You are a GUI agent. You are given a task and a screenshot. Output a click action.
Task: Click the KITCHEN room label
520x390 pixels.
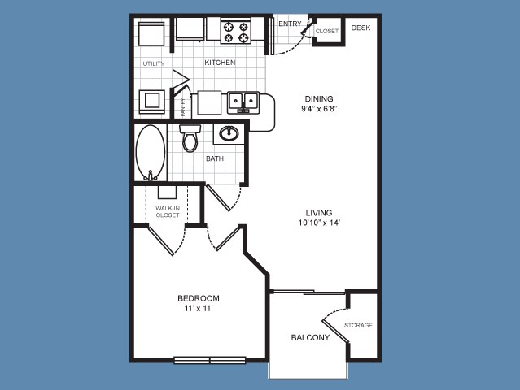[220, 63]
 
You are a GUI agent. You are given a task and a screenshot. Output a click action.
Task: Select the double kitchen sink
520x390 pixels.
[243, 102]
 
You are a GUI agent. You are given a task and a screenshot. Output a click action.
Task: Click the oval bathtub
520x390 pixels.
[151, 153]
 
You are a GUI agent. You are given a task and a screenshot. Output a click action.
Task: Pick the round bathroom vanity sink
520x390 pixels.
[229, 133]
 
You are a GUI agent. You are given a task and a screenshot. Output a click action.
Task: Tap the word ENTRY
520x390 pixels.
[290, 24]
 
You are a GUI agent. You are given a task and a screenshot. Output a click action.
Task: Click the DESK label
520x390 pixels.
[361, 28]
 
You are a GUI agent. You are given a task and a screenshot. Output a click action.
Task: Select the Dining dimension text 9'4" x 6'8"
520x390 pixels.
[319, 109]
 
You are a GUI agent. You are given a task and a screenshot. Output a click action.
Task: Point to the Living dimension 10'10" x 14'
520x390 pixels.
[319, 223]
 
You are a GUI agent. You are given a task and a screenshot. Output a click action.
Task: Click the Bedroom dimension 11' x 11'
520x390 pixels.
[199, 309]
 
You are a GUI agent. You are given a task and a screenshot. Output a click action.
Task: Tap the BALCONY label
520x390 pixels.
[310, 338]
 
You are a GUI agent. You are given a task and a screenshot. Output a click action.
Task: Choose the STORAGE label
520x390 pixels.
[358, 326]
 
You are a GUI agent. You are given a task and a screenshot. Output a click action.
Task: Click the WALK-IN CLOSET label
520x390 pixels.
[168, 211]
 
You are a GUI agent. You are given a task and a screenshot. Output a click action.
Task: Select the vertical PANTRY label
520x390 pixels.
[183, 107]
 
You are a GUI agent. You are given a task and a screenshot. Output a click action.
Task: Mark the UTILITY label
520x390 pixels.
[154, 63]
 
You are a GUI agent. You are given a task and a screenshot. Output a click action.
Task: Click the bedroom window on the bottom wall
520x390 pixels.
[210, 360]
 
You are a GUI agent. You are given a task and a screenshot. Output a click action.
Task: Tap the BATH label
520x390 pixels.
[215, 158]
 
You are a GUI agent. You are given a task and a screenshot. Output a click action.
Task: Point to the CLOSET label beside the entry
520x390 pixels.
[327, 31]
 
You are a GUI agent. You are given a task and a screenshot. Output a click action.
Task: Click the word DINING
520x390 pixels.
[319, 98]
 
